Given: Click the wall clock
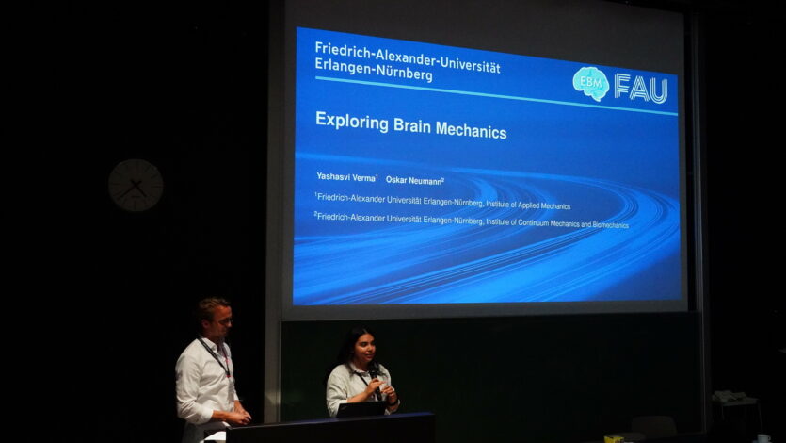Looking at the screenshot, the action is [136, 185].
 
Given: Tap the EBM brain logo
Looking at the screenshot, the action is [591, 83].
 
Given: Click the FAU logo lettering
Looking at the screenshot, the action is [642, 89].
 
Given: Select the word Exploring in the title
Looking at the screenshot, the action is [352, 122].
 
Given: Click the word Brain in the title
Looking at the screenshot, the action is [412, 125].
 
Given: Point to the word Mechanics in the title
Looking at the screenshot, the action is [472, 130].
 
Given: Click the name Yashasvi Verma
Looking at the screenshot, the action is [347, 177].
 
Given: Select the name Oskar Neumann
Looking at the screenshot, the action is [415, 181].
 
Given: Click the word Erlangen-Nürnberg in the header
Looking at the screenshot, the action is [374, 71].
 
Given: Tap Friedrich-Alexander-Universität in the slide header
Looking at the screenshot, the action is [408, 57].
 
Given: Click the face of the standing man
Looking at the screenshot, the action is [223, 321].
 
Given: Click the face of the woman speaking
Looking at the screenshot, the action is [364, 348].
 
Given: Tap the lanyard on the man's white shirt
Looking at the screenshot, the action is [216, 356].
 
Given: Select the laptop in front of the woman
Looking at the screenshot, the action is [361, 409].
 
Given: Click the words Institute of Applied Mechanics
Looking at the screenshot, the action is [528, 205].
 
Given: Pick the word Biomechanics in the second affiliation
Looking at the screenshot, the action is [611, 225].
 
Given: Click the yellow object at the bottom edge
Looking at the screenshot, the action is [614, 439].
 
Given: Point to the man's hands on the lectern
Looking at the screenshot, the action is [240, 417].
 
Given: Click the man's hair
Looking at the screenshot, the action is [212, 307].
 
